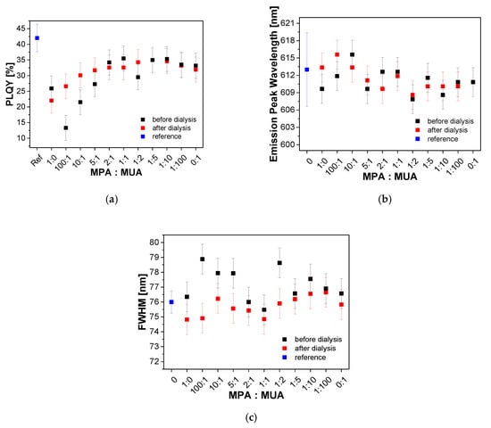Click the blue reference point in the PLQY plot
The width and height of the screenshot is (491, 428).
point(37,38)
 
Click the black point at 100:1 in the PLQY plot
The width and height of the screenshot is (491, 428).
point(65,128)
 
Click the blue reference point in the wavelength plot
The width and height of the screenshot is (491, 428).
point(307,70)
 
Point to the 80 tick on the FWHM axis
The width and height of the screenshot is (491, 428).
point(154,243)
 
